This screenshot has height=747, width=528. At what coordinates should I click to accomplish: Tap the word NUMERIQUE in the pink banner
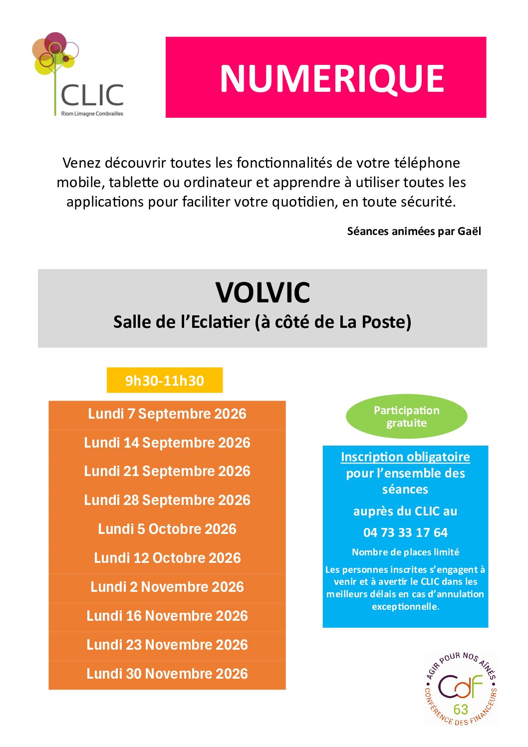(332, 79)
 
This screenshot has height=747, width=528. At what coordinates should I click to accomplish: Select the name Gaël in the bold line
(470, 231)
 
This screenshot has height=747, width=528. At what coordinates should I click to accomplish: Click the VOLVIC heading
(263, 292)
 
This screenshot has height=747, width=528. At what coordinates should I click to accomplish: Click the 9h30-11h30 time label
(165, 381)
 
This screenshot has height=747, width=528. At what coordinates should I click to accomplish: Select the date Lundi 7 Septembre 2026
(167, 414)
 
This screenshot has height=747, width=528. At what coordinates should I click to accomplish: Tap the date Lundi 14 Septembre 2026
(167, 443)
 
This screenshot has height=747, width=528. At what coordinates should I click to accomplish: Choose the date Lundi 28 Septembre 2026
(167, 500)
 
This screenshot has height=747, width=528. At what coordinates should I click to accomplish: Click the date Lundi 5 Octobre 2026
(167, 529)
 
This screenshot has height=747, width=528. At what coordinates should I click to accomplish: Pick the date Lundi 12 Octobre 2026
(167, 558)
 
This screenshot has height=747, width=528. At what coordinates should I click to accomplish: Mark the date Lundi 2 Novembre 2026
(167, 587)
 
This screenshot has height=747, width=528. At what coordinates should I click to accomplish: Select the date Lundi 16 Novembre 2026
(167, 616)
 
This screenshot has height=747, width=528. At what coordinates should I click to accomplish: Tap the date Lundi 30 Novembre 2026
(167, 674)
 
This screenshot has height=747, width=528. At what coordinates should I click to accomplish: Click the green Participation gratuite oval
(407, 417)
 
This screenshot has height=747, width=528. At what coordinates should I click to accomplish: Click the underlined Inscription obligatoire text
(405, 457)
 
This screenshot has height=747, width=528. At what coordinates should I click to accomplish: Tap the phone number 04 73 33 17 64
(405, 533)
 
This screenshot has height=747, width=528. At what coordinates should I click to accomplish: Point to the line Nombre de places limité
(405, 552)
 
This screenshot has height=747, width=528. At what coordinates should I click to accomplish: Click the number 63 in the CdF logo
(461, 709)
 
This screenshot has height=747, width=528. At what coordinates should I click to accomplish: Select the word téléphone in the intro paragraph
(427, 163)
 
